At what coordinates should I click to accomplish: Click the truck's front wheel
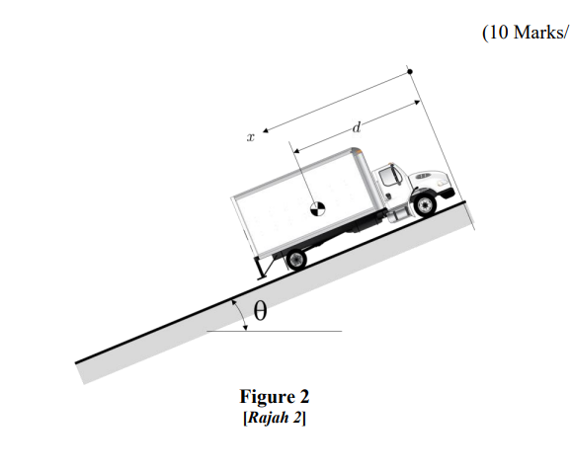point(425,205)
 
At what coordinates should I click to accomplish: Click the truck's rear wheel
point(296,259)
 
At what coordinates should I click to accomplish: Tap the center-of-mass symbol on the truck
point(317,209)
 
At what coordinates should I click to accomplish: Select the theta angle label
point(260,311)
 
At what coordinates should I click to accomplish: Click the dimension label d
point(357,127)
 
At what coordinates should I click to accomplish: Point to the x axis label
point(251,137)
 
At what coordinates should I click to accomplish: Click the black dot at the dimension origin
point(410,72)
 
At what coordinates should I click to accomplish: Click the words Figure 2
point(275,396)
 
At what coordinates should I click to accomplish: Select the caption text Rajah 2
point(275,418)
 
